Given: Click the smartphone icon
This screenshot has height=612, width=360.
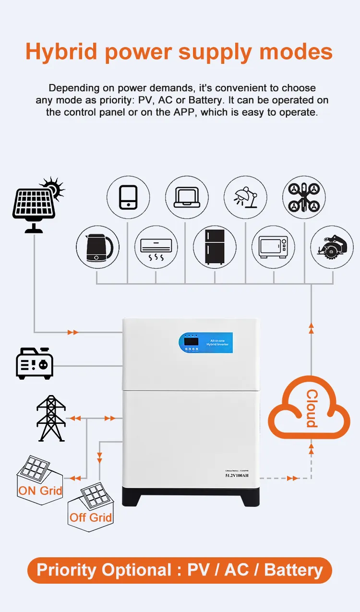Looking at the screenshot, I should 128,197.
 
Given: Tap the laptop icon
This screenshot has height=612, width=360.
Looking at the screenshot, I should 187,197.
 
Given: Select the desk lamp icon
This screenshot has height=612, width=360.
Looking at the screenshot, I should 245,197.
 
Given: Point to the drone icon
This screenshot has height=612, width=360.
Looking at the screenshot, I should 304,197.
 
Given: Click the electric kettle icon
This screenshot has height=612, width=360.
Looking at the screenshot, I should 97,248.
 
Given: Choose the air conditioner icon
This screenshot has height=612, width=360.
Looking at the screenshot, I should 156,248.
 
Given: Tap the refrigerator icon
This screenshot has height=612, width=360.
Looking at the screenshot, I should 215,248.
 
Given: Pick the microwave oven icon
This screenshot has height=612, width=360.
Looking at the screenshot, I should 273,248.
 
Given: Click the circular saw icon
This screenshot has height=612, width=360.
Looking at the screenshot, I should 332,248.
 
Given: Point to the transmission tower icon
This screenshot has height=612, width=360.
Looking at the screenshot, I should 51,419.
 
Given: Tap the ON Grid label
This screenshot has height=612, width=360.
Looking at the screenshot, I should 40,491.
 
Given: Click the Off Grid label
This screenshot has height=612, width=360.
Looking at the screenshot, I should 91,517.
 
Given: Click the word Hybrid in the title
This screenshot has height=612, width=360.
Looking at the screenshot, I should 61,51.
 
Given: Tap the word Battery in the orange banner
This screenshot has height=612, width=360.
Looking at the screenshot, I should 293,570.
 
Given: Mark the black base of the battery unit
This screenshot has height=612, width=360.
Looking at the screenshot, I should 191,497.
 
